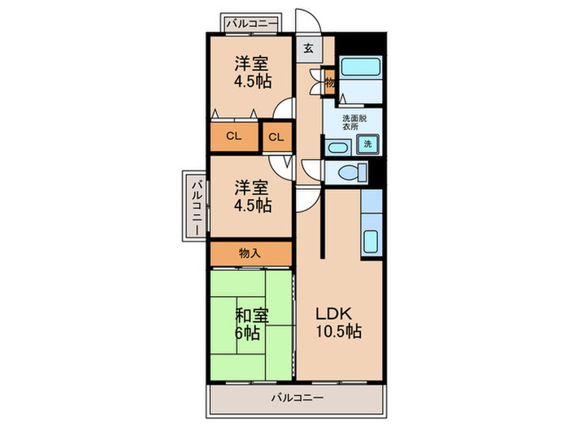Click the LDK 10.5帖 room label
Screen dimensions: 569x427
(x=339, y=323)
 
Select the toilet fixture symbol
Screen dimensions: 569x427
(x=352, y=172)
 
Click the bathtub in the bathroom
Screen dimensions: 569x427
(x=361, y=66)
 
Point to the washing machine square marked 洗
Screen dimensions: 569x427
(x=367, y=143)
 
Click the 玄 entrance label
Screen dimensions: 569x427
(x=308, y=48)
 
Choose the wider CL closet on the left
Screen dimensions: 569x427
(x=234, y=137)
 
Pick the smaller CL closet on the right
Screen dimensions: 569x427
(x=277, y=137)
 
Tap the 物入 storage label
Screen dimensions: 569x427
(x=250, y=253)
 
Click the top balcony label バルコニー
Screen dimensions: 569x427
(x=251, y=24)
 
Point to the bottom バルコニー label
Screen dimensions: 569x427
(x=298, y=398)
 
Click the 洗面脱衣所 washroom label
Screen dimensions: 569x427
(x=354, y=122)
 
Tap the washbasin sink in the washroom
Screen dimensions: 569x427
(x=338, y=147)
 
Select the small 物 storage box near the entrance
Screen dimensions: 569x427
(x=329, y=82)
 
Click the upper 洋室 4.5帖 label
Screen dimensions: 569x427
(x=252, y=72)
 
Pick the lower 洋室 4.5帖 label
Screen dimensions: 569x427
(x=252, y=196)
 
